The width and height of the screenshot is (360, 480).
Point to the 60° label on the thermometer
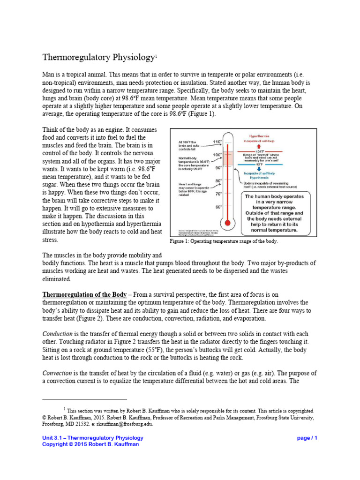(218, 206)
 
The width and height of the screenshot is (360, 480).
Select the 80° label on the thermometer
(218, 180)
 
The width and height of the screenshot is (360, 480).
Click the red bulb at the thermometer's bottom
(228, 223)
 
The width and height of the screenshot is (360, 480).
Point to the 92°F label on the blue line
(259, 164)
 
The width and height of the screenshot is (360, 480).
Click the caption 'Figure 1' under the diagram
(180, 241)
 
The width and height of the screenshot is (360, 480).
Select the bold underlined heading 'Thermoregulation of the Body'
(84, 294)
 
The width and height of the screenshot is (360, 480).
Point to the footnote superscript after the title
(157, 56)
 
